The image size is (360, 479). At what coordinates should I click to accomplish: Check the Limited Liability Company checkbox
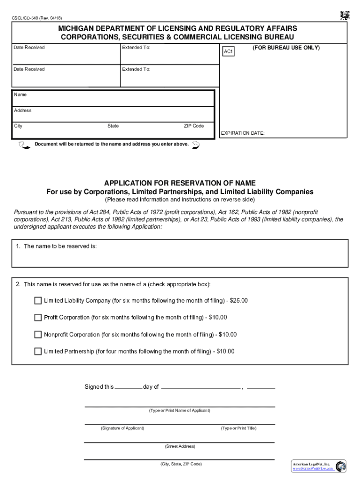point(38,300)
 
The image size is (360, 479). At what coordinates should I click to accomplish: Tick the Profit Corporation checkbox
point(38,318)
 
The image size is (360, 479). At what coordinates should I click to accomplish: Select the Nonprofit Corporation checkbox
point(38,334)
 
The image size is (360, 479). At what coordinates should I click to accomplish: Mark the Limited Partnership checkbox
point(38,351)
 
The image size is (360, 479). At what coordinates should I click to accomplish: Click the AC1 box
point(228,51)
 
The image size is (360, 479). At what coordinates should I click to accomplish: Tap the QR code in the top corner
point(345,15)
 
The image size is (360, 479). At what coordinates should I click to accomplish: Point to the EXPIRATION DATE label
point(242,133)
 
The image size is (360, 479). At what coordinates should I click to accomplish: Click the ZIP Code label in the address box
point(194,126)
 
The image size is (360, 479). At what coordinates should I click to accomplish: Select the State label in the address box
point(113,126)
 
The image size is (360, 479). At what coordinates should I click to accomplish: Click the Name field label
point(21,95)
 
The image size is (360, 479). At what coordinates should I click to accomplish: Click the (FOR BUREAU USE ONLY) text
point(286,48)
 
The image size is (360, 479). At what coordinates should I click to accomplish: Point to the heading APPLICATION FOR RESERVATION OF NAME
point(180,183)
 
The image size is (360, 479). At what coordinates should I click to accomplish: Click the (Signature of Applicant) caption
point(122,428)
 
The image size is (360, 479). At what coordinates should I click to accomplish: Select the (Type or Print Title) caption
point(238,428)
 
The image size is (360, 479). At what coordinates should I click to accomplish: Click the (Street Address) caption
point(180,446)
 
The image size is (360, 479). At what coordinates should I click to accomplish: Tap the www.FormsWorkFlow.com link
point(313,468)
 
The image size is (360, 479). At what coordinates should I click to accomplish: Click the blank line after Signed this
point(128,387)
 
